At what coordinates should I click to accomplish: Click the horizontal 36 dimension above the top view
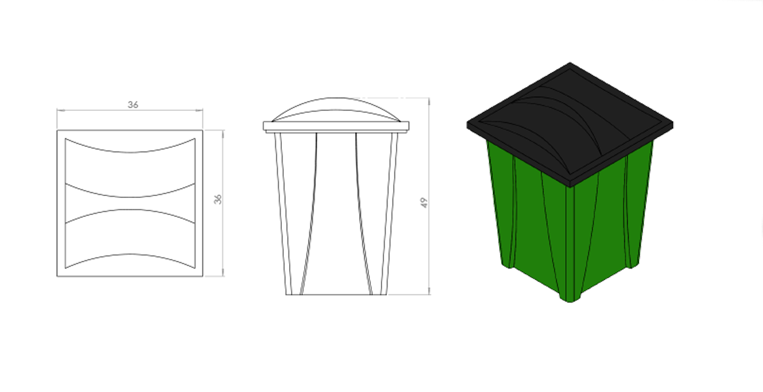click(x=133, y=105)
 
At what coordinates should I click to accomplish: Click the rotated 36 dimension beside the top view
click(x=218, y=199)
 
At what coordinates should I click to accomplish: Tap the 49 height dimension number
click(x=424, y=203)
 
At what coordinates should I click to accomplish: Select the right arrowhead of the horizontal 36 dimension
click(x=199, y=110)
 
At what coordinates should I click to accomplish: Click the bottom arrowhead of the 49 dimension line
click(x=429, y=291)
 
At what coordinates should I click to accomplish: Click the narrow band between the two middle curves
click(x=130, y=203)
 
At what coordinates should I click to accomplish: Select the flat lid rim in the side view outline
click(x=336, y=127)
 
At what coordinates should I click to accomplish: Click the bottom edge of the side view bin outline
click(x=336, y=294)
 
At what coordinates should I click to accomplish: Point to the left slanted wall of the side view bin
click(x=283, y=214)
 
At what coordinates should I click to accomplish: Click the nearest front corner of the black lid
click(x=570, y=186)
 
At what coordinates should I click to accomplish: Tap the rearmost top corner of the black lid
click(x=570, y=63)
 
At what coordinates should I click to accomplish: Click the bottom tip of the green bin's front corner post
click(x=570, y=301)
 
